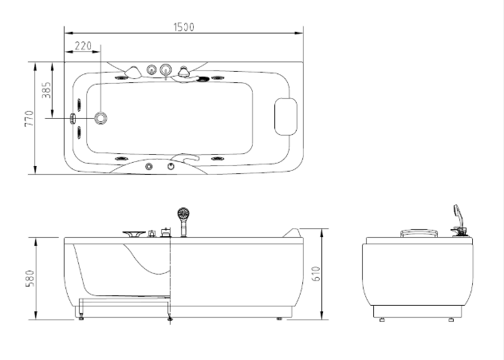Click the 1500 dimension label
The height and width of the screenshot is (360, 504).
pos(184,27)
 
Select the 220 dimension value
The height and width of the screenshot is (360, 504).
pos(83,46)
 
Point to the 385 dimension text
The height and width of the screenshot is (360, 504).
pos(46,90)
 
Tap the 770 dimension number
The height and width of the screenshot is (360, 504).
pos(29,118)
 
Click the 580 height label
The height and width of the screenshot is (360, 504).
pos(30,279)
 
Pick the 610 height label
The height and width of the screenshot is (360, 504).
pos(317,274)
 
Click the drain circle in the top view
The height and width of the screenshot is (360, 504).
pos(101,118)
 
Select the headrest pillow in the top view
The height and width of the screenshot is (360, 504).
pos(285,117)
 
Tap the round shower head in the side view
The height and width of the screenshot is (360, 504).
pos(183,214)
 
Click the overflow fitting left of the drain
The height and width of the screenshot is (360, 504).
pos(73,118)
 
